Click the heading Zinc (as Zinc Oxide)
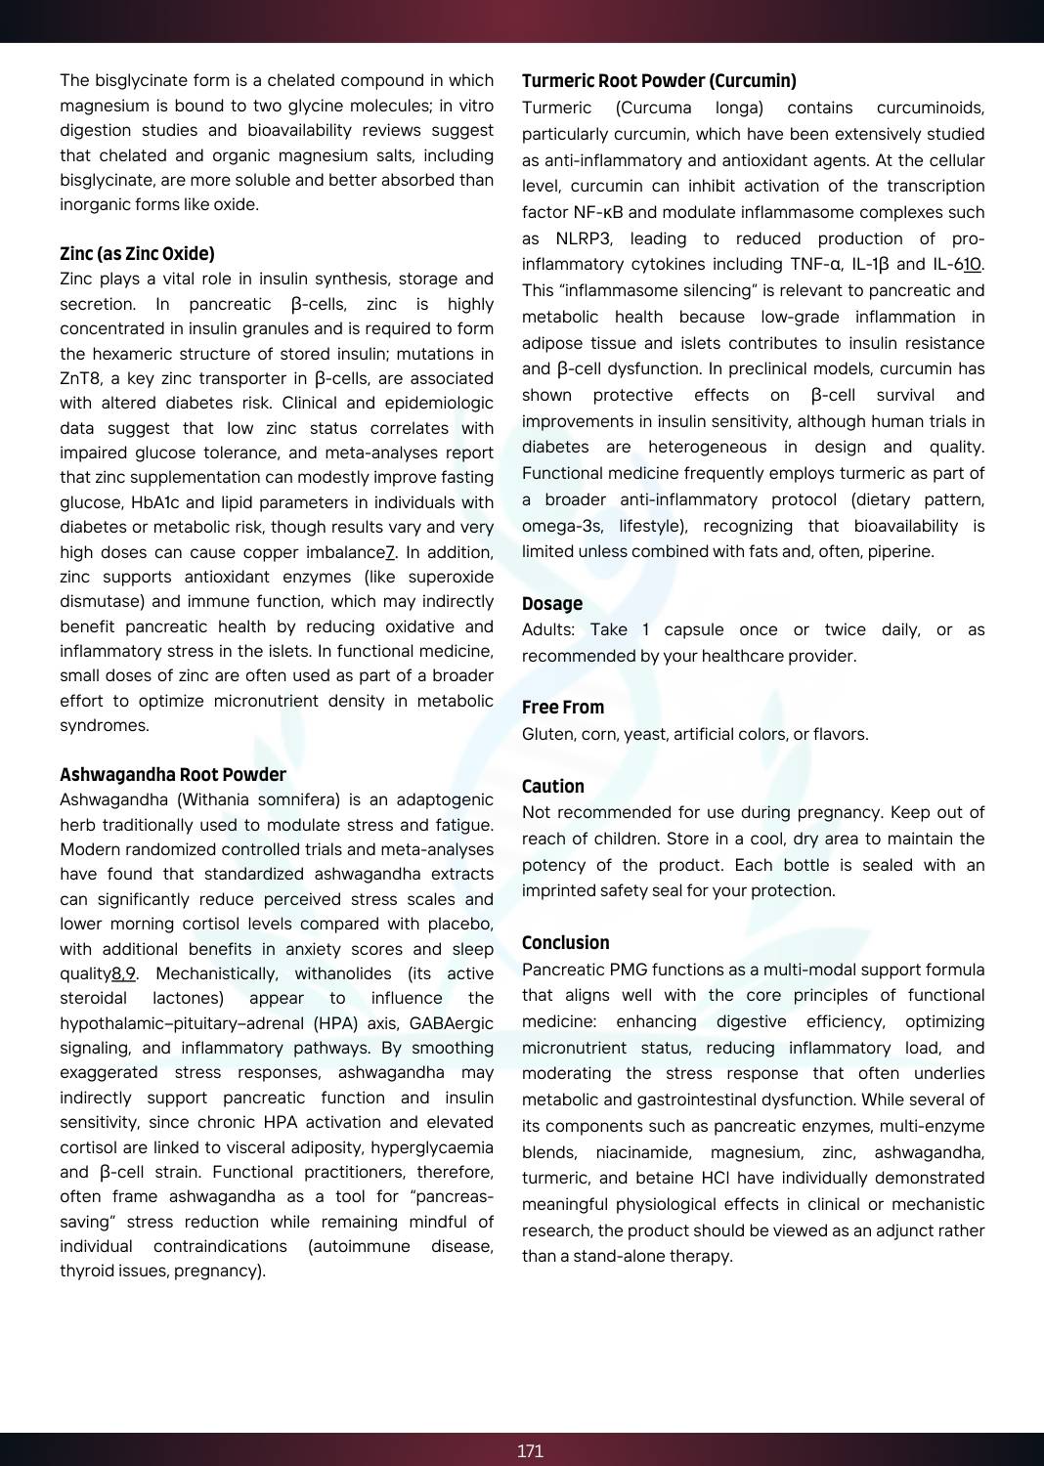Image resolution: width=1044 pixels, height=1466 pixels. point(137,254)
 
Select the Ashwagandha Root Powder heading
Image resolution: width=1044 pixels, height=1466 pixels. point(173,775)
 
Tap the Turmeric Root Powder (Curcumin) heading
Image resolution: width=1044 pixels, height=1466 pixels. point(659,81)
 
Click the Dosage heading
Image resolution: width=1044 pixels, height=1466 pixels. point(551,604)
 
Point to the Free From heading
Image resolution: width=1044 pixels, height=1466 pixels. point(563,708)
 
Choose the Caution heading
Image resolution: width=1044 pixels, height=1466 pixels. point(552,787)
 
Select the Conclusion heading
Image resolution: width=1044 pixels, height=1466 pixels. point(565,943)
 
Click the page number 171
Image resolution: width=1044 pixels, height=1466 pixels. point(530,1451)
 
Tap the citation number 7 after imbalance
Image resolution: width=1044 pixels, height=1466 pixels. point(390,552)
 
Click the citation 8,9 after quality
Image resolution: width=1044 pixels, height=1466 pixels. point(123,973)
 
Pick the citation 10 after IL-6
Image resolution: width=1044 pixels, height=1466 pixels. point(973,265)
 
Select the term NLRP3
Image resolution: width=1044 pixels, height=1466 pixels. point(584,238)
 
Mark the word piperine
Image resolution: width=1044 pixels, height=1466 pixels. point(901,551)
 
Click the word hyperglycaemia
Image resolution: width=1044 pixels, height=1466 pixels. point(426,1147)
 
